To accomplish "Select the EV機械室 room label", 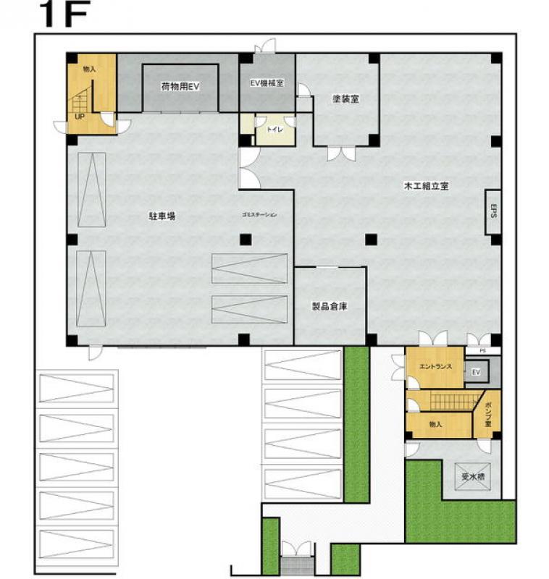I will pyautogui.click(x=267, y=83).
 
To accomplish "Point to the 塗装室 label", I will pyautogui.click(x=345, y=99).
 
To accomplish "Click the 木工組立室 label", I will pyautogui.click(x=427, y=186).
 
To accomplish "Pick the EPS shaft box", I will pyautogui.click(x=493, y=211).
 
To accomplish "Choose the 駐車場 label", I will pyautogui.click(x=164, y=216).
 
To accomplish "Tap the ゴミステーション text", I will pyautogui.click(x=259, y=215).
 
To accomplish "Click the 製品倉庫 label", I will pyautogui.click(x=330, y=306).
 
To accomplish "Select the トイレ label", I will pyautogui.click(x=275, y=130).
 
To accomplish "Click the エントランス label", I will pyautogui.click(x=435, y=367).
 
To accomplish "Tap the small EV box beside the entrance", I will pyautogui.click(x=476, y=373).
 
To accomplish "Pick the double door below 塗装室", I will pyautogui.click(x=341, y=153).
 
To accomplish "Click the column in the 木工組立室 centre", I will pyautogui.click(x=372, y=239).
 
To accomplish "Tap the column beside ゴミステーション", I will pyautogui.click(x=246, y=239).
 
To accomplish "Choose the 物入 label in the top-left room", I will pyautogui.click(x=90, y=69).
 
